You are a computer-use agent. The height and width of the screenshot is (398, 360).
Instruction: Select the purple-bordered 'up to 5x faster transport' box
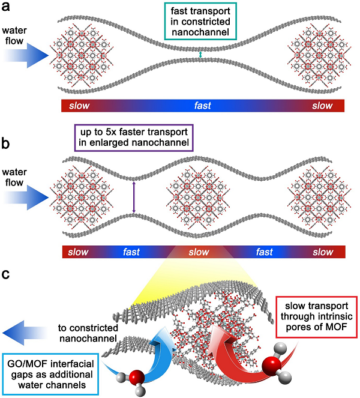click(133, 137)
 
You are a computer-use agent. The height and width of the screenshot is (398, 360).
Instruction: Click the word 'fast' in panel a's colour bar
click(202, 106)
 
